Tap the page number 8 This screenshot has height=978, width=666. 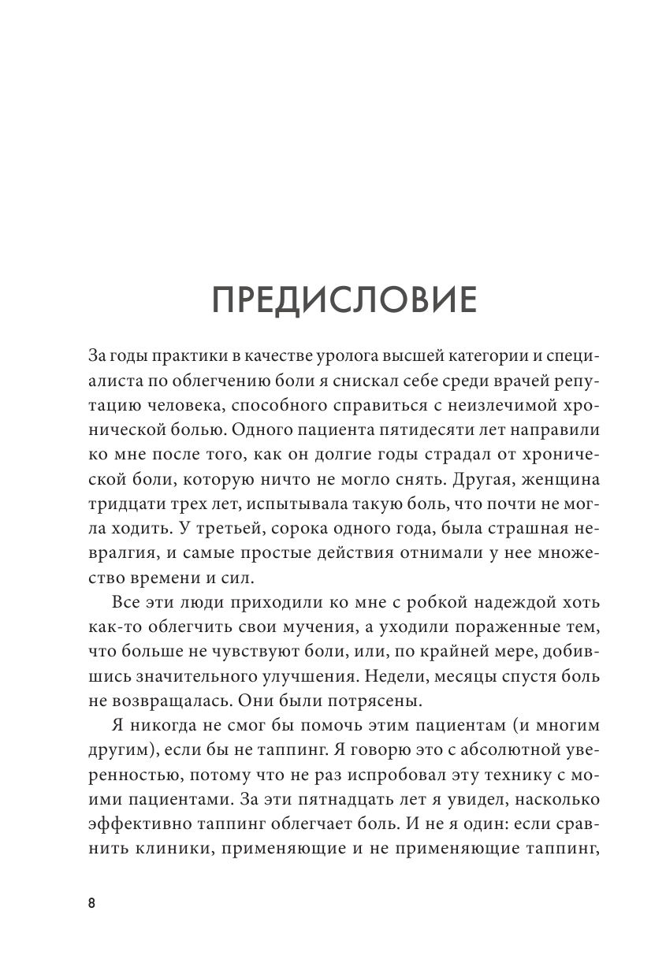(x=91, y=903)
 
